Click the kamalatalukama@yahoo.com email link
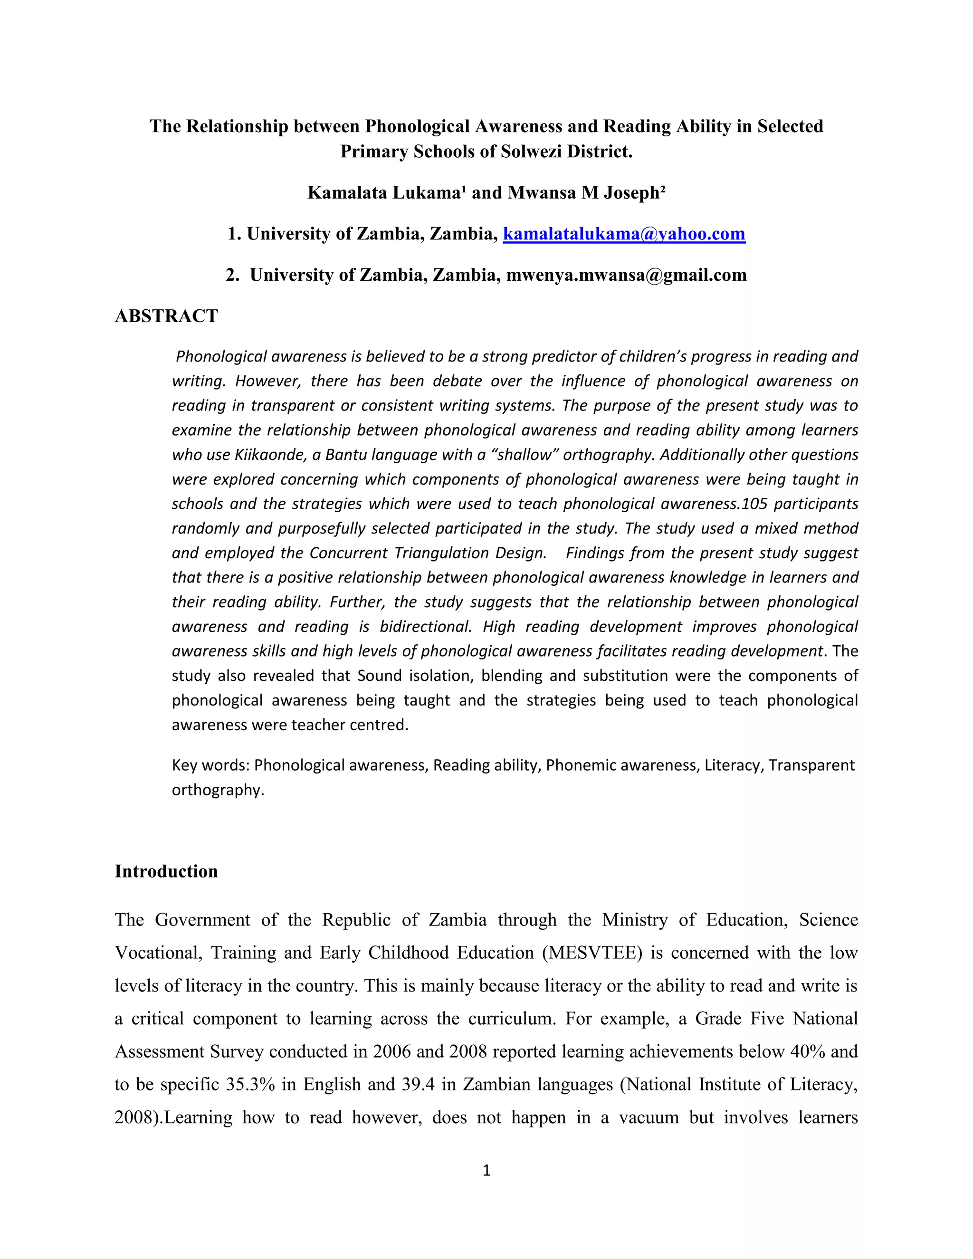coord(624,234)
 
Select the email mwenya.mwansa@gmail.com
coord(626,275)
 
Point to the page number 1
coord(486,1170)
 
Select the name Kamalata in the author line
coord(347,192)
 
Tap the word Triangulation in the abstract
coord(441,553)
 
